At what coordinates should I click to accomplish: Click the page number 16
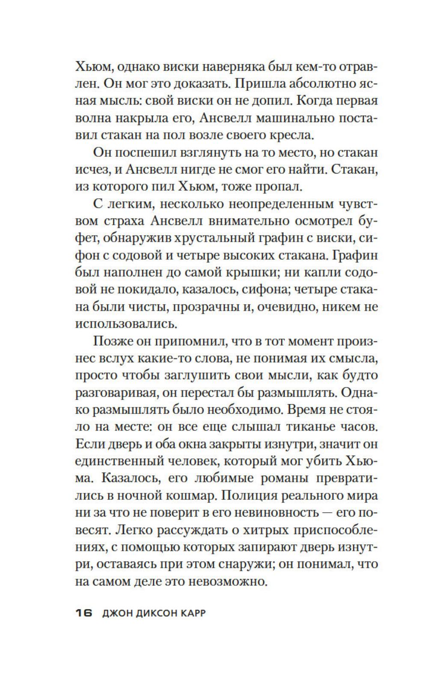(x=84, y=613)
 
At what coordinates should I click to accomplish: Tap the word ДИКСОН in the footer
(x=148, y=613)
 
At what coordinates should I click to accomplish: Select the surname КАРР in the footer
(x=192, y=613)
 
